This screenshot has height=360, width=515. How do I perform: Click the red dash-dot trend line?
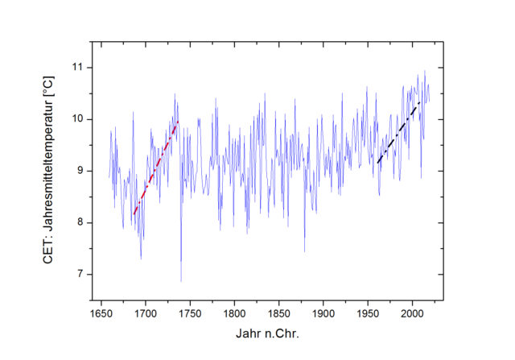(x=155, y=168)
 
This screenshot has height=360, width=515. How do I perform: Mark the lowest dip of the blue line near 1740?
(x=181, y=281)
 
